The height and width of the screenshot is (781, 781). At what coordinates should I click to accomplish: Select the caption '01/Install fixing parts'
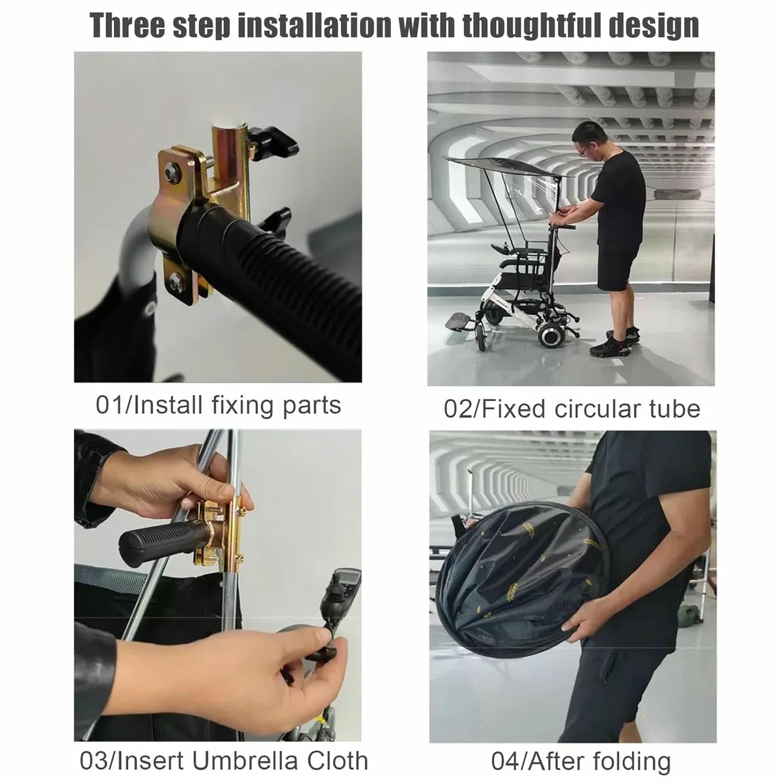(218, 405)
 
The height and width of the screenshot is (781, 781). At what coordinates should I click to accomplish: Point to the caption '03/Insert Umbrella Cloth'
(224, 749)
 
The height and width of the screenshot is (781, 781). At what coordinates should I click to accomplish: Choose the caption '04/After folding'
(581, 750)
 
